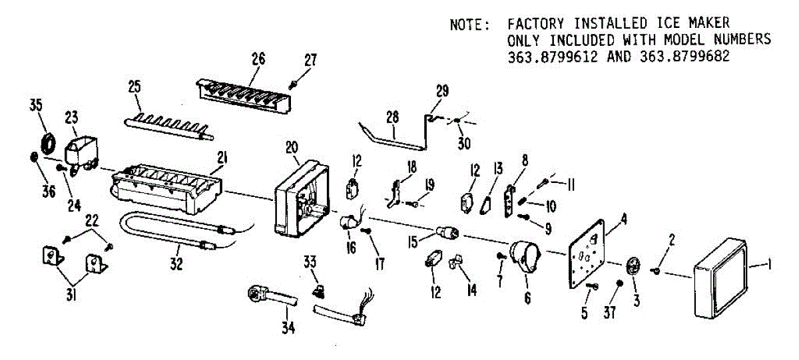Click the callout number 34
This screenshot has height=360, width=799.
tap(289, 327)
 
